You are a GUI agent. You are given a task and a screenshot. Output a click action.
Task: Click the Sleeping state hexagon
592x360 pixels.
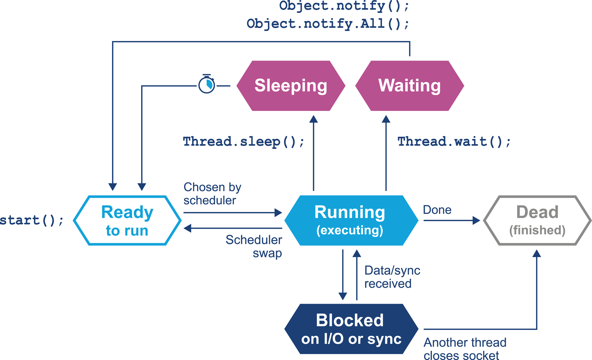click(291, 86)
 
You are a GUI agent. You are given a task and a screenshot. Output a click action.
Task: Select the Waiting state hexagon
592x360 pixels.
click(410, 86)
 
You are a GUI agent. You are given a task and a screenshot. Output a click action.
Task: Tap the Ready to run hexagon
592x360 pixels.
click(127, 220)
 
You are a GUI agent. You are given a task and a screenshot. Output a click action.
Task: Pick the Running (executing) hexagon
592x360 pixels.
click(350, 220)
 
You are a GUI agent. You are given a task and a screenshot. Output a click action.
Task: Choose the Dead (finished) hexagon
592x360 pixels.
click(537, 220)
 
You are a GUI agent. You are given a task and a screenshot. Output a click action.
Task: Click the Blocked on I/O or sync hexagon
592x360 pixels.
click(350, 329)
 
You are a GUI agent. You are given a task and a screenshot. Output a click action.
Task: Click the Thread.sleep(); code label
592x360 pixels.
click(244, 142)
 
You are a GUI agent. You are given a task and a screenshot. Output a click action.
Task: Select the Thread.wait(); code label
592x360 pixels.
click(454, 142)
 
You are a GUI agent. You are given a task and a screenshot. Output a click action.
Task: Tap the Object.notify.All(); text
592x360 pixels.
click(328, 24)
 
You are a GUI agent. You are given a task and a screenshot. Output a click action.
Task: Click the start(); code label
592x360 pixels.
click(32, 220)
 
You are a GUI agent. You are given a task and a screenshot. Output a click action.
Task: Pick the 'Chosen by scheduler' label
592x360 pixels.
click(212, 194)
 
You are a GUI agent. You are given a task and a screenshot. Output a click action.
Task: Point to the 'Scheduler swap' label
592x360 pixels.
click(254, 246)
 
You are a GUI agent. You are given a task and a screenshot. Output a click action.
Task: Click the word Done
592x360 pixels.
click(437, 210)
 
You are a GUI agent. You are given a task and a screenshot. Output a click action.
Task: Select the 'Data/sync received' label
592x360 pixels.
click(392, 277)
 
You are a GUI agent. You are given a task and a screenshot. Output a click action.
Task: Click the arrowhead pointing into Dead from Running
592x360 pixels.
click(477, 220)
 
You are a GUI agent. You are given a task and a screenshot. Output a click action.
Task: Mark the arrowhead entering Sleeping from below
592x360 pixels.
click(314, 119)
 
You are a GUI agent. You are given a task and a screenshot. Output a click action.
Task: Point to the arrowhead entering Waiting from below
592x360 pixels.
click(386, 119)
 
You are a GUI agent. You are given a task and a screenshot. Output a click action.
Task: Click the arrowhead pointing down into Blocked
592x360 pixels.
click(343, 296)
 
